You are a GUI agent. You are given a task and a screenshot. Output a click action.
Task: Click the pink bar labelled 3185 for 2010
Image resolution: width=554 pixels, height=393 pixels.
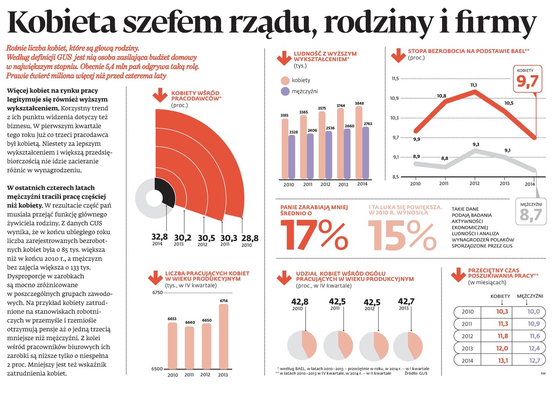pyautogui.click(x=285, y=148)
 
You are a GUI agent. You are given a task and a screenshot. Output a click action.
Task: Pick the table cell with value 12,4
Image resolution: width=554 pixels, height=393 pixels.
pyautogui.click(x=533, y=348)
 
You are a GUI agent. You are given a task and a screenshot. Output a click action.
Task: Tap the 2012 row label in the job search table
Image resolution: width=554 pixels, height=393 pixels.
pyautogui.click(x=468, y=336)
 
